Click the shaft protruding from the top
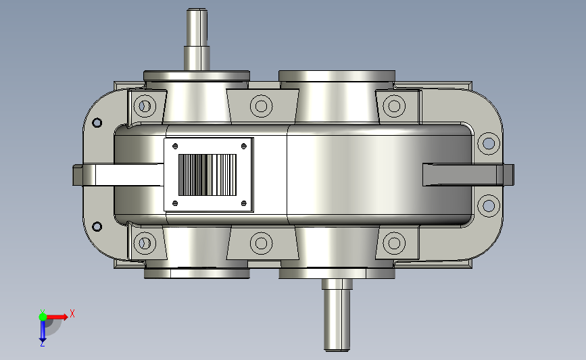[x=197, y=39]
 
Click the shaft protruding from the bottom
[x=337, y=315]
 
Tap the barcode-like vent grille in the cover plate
[x=207, y=175]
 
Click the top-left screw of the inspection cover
[x=175, y=146]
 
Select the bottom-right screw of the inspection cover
[x=244, y=203]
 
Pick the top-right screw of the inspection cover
[x=244, y=146]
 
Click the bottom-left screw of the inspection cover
[x=175, y=203]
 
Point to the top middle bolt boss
[x=262, y=106]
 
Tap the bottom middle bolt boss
[x=262, y=243]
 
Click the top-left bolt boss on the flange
[x=145, y=106]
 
